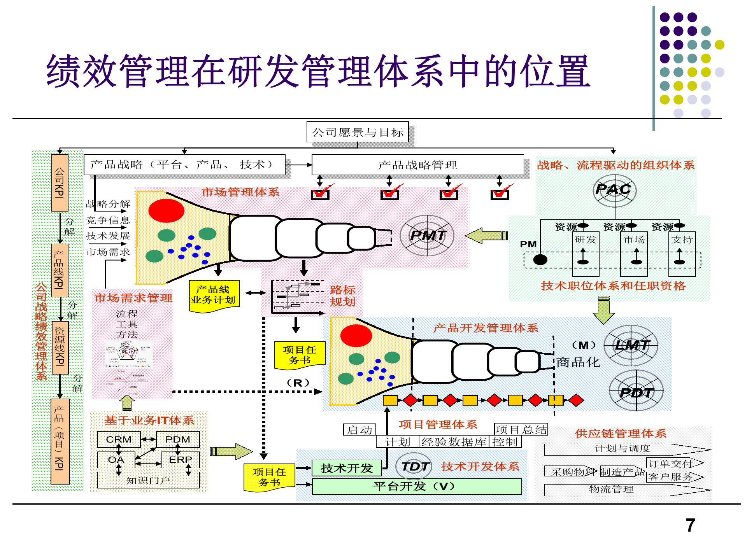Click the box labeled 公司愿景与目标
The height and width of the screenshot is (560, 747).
point(358,132)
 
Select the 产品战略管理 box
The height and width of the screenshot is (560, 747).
point(417,165)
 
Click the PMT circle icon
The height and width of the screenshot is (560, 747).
point(427,235)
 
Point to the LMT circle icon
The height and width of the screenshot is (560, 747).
point(631,345)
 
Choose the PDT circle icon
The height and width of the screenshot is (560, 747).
point(636,391)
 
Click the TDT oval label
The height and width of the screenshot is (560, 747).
point(415,466)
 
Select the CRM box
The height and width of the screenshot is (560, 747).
point(119,439)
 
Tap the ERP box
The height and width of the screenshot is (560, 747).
point(180,460)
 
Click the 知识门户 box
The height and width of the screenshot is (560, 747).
point(148,480)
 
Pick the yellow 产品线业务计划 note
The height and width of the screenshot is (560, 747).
point(214,295)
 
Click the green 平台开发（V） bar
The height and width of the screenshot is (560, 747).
point(416,486)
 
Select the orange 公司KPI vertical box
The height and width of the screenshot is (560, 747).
point(60,183)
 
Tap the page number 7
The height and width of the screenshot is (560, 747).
point(690,525)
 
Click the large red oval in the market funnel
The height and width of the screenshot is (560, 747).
point(166,210)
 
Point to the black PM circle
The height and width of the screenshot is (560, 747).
point(540,259)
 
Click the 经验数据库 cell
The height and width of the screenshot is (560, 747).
point(454,442)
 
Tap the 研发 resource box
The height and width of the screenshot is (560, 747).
point(585,240)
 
